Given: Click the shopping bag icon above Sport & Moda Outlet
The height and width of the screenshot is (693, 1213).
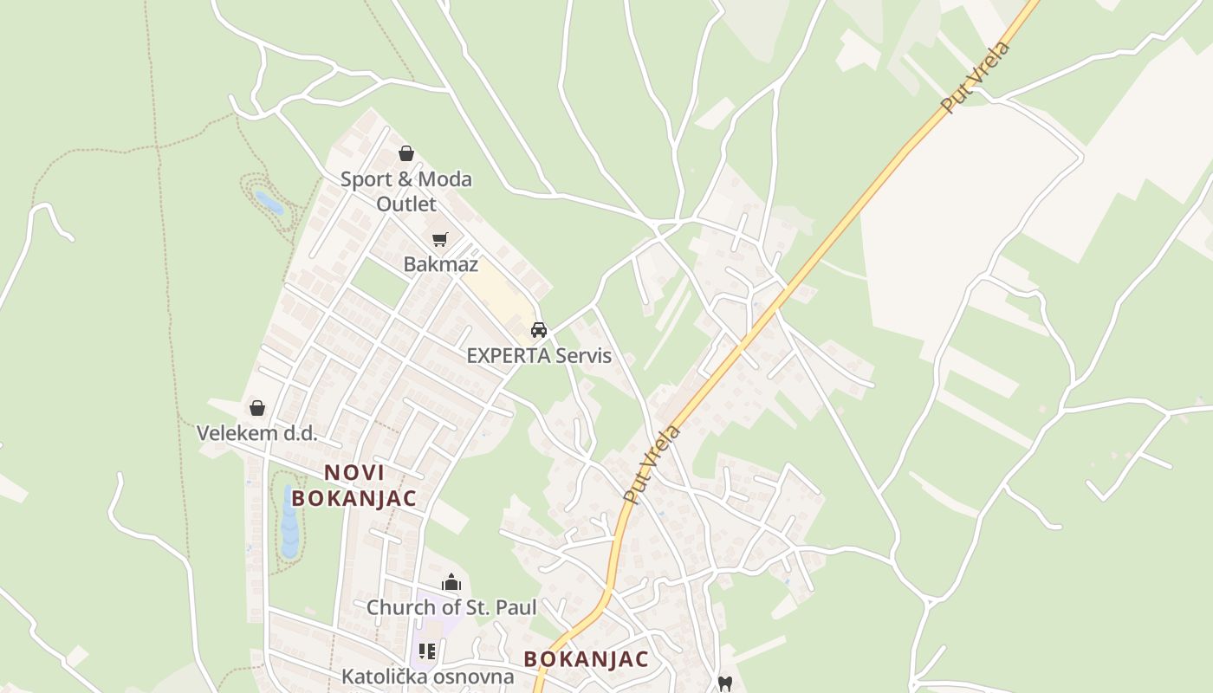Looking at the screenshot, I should click(x=406, y=154).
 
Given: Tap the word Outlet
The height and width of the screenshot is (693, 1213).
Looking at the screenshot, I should click(x=406, y=204).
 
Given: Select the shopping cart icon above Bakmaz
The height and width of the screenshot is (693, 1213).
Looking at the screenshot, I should click(x=440, y=239).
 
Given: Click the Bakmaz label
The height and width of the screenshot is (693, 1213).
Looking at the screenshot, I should click(x=440, y=264).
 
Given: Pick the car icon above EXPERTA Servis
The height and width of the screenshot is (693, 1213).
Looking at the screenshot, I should click(x=539, y=330).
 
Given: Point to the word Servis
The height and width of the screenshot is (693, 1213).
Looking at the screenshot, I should click(x=583, y=356).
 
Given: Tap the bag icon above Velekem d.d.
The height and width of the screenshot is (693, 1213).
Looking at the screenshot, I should click(x=257, y=408).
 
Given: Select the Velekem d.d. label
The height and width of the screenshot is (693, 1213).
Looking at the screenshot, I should click(x=256, y=433).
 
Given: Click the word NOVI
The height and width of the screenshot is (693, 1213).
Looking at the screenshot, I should click(x=354, y=473).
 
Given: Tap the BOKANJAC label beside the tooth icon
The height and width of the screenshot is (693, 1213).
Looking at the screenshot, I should click(x=586, y=659).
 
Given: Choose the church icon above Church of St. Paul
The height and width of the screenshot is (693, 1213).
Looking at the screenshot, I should click(x=451, y=582).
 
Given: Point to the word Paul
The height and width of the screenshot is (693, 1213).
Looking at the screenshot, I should click(x=516, y=608).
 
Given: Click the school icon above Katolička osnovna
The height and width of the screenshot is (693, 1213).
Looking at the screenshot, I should click(x=426, y=651).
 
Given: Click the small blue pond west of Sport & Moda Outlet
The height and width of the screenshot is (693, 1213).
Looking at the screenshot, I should click(x=269, y=203).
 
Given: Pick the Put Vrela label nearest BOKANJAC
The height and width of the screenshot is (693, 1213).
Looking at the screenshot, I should click(x=652, y=464).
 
